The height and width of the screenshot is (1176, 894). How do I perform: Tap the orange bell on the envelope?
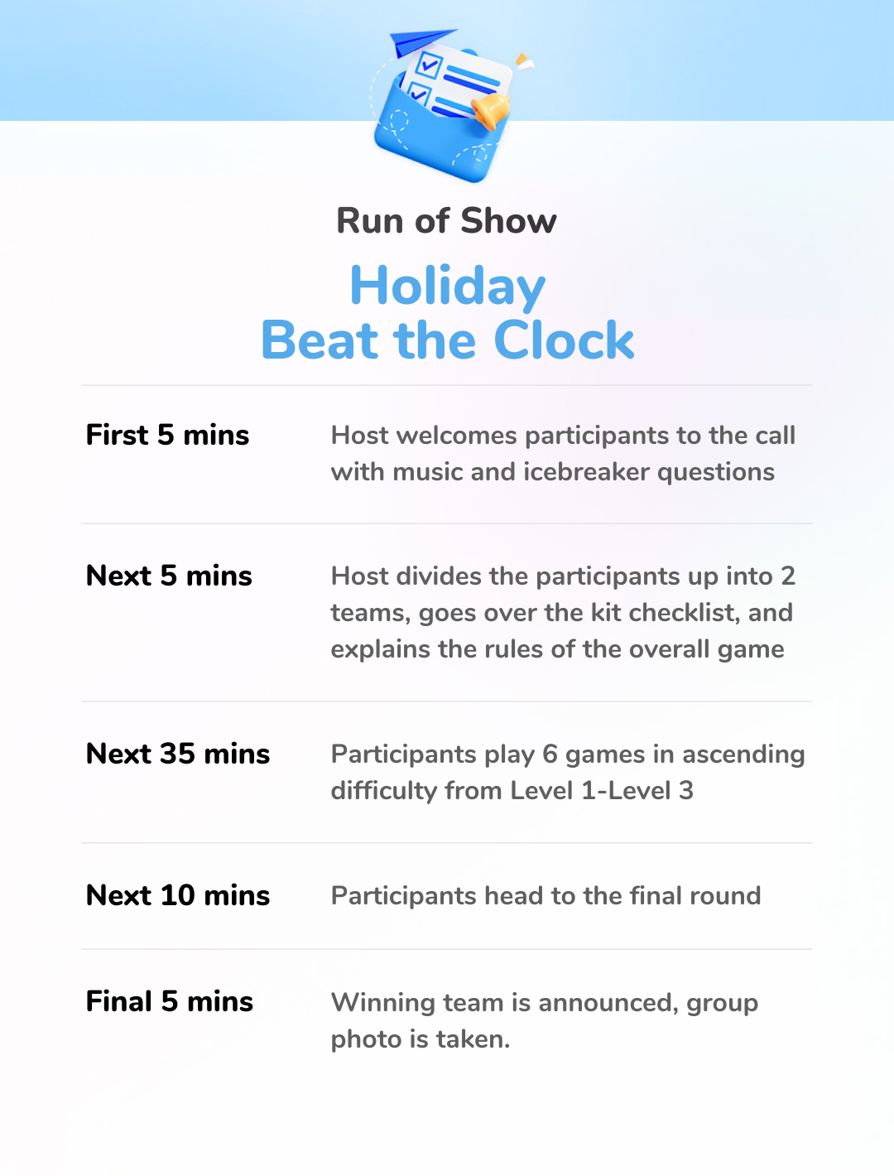coord(489,112)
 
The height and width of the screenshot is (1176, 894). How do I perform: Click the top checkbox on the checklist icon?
coord(428,65)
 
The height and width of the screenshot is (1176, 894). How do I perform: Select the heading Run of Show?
coord(446,220)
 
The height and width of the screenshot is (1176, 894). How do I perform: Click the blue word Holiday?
coord(448,287)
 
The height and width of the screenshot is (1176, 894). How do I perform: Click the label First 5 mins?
coord(167,435)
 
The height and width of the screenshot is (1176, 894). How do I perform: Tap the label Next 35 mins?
coord(178,754)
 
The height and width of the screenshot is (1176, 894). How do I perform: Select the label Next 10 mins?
coord(178,894)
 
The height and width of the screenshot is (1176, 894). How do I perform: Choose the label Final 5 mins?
coord(169,1000)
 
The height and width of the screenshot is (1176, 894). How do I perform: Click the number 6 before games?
coord(550,754)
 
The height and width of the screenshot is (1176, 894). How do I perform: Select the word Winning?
coord(382,1004)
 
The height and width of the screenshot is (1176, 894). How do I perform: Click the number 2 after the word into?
coord(787,576)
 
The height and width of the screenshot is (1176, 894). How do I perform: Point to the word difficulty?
coord(384,792)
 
